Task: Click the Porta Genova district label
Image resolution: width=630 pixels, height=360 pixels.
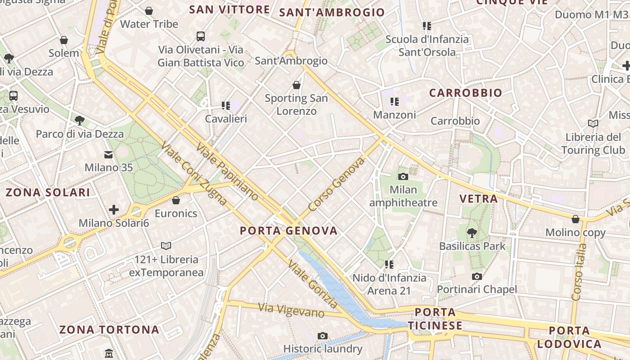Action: [288, 231]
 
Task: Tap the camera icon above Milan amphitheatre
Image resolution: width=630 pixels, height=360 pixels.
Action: [403, 176]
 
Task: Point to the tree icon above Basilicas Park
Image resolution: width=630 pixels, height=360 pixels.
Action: [472, 233]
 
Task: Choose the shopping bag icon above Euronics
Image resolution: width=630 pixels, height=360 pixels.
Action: [176, 200]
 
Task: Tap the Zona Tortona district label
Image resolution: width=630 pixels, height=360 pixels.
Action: [109, 330]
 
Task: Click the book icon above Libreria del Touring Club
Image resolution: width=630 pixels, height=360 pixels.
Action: [593, 123]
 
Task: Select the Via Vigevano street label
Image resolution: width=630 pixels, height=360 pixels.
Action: [291, 310]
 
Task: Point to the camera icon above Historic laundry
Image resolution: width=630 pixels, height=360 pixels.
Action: [322, 336]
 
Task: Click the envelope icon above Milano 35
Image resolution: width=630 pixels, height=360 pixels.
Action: [108, 155]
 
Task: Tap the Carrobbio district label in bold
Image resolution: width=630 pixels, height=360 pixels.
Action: [465, 93]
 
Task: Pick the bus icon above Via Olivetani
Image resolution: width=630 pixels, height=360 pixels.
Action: [201, 36]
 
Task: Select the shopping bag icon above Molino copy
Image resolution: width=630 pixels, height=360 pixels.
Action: [575, 219]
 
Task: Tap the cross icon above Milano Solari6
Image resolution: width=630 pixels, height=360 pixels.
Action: [114, 210]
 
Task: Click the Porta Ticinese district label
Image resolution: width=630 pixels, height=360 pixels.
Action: [435, 319]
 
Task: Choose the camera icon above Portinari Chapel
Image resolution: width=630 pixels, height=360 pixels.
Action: [477, 276]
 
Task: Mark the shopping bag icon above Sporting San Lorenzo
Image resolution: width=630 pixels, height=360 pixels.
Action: [296, 85]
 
